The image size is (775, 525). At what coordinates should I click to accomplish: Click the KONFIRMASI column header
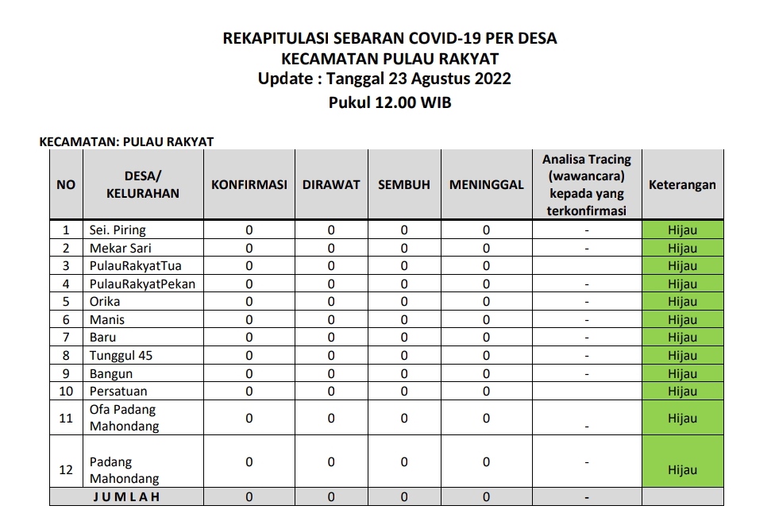coord(249,184)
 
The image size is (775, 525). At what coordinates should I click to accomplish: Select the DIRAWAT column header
coord(331,184)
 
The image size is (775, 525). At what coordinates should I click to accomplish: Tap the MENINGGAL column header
coord(486,184)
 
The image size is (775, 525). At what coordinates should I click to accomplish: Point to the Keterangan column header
coord(682,184)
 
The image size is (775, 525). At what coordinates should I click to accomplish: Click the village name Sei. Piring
coord(118,230)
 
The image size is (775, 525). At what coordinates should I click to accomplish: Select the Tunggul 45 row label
coord(121,355)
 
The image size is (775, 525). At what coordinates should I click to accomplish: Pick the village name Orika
coord(105,301)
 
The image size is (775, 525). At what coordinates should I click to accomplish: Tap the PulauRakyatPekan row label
coord(142,284)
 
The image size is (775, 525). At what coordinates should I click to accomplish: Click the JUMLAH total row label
coord(127,497)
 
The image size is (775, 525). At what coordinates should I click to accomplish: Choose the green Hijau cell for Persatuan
coord(682,391)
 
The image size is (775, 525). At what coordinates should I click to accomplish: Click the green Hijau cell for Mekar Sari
coord(682,248)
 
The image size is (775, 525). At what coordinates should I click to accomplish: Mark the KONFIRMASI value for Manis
coord(249,319)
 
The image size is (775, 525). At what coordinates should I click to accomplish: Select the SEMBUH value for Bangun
coord(403,373)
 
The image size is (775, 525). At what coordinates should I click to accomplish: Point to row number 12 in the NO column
coord(66,469)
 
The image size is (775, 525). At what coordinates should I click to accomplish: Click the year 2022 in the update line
coord(491,79)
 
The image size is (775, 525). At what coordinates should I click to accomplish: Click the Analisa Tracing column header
coord(587,184)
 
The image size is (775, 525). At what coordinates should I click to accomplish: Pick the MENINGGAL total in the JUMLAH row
coord(486,497)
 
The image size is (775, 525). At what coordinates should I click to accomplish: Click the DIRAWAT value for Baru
coord(331,337)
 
